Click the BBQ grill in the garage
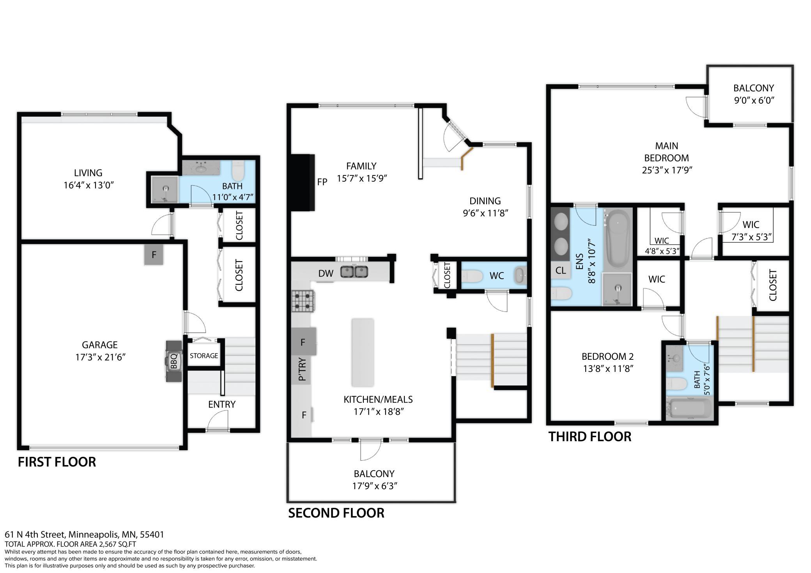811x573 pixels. [174, 361]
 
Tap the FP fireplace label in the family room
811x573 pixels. [322, 182]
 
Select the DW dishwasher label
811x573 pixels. [326, 274]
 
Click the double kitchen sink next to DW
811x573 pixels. [354, 271]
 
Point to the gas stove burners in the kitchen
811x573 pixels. [303, 301]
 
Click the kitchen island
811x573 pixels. [363, 352]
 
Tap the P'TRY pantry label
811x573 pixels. [302, 370]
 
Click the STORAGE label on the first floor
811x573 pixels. [204, 356]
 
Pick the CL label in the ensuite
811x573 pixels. [561, 271]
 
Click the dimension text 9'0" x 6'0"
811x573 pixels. [754, 101]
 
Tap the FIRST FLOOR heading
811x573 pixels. [57, 462]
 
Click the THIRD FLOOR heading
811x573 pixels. [590, 437]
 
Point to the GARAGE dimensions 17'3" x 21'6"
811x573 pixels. [100, 357]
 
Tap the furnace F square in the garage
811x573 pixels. [154, 255]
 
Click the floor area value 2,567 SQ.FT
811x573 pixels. [116, 545]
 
